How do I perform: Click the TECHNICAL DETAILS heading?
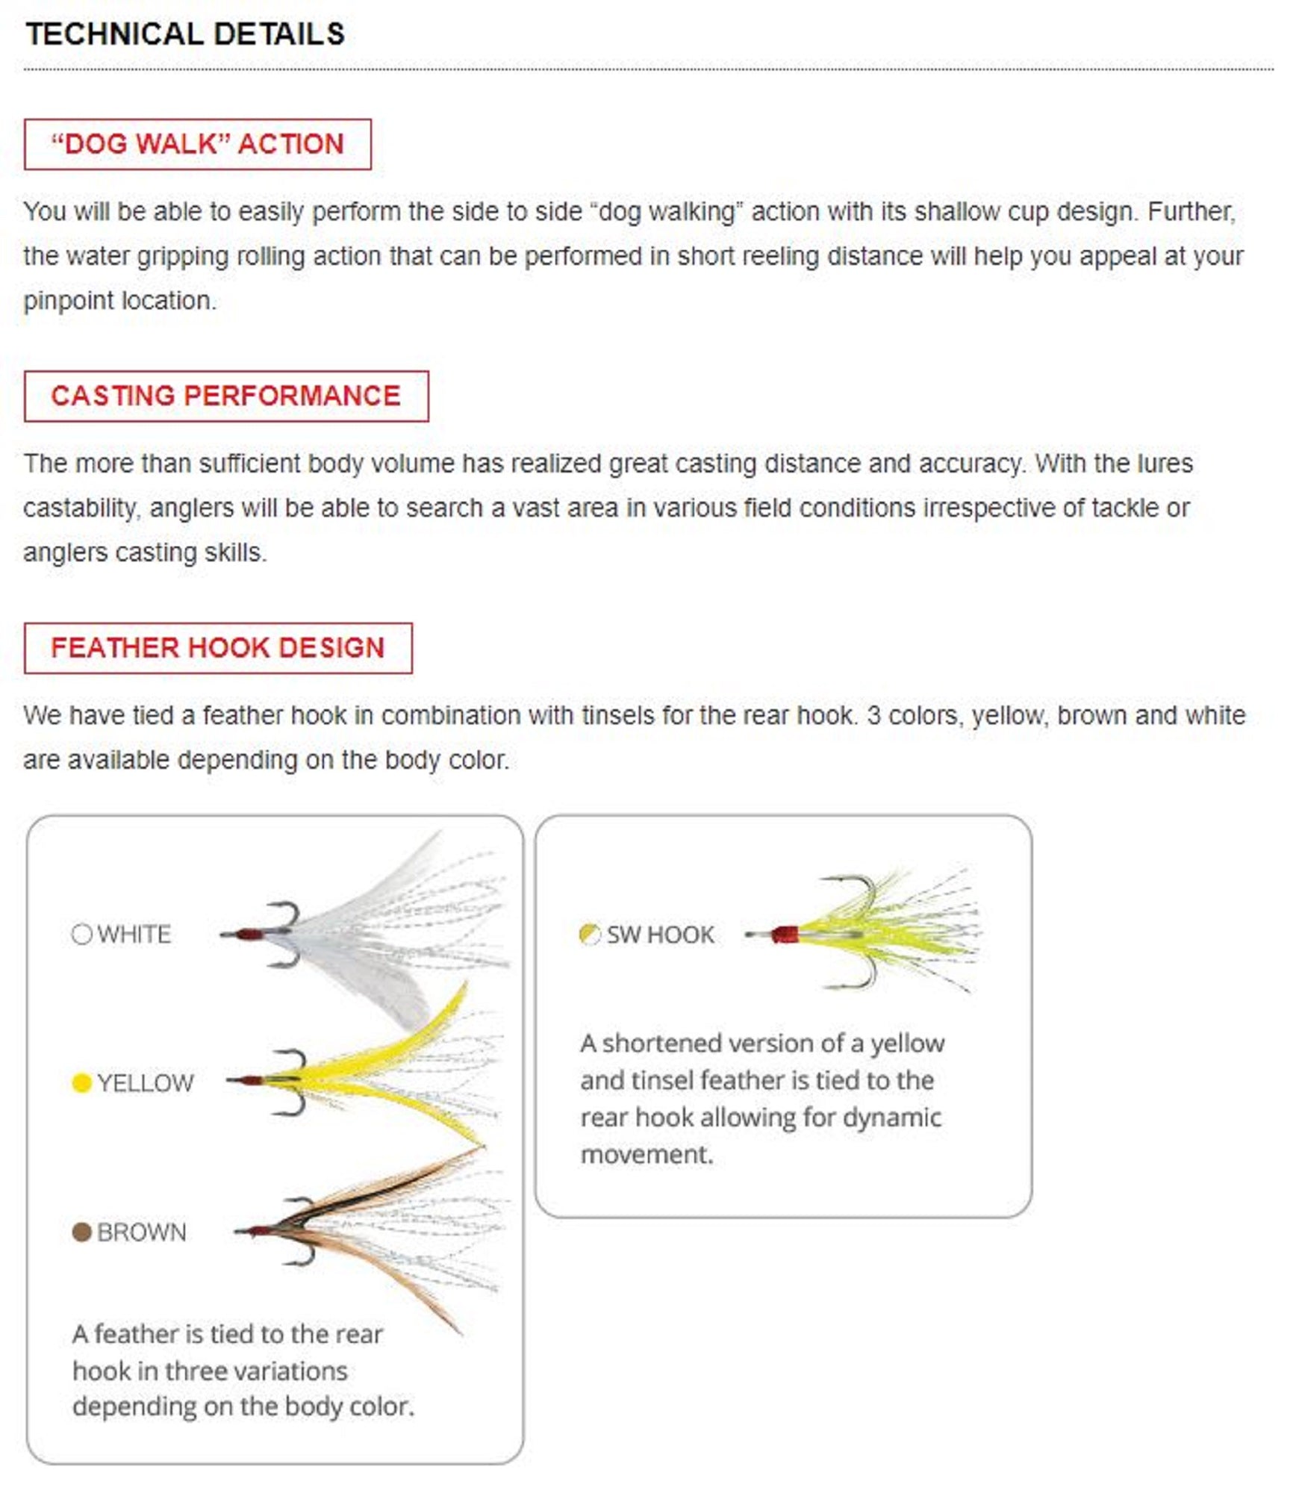[x=185, y=34]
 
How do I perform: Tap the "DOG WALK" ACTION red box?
[x=197, y=144]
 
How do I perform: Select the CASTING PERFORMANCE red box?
[x=225, y=396]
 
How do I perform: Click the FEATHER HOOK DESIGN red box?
[x=217, y=647]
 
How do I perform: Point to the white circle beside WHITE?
[x=81, y=934]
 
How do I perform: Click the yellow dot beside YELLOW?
[x=81, y=1082]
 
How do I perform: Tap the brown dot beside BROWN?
[x=81, y=1232]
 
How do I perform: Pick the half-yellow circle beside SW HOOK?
[x=590, y=934]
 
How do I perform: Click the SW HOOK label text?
[x=660, y=935]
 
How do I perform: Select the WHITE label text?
[x=134, y=935]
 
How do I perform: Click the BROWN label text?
[x=142, y=1232]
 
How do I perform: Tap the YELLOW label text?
[x=146, y=1083]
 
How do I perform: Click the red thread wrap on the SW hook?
[x=785, y=935]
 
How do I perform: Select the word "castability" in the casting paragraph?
[x=81, y=508]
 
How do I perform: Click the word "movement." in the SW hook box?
[x=647, y=1154]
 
